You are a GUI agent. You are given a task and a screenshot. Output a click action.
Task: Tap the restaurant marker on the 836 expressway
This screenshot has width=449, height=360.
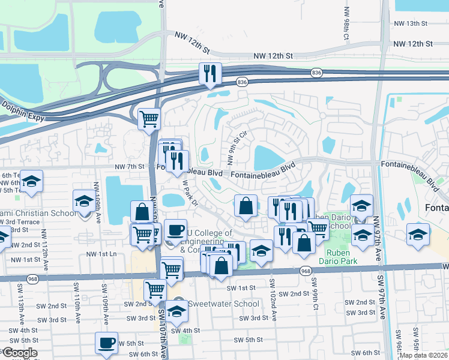coord(210,73)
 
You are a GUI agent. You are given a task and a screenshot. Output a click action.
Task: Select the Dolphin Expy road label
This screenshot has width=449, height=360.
coord(22,107)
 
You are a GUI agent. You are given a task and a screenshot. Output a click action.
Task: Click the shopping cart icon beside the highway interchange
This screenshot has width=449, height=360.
coord(149,118)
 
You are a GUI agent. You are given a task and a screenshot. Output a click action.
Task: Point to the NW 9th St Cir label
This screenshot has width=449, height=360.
coord(236,148)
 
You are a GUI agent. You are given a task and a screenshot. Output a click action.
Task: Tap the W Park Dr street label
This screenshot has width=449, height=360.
coord(190,193)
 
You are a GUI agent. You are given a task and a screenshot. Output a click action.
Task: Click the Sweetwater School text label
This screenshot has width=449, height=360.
coord(224,304)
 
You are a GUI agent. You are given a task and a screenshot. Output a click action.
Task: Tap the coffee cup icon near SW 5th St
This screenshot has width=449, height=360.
coord(107,343)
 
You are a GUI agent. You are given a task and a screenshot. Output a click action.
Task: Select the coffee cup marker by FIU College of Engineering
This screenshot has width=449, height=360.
coord(175,230)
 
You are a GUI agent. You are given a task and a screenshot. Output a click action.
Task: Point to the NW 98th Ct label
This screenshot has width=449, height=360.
coord(346,24)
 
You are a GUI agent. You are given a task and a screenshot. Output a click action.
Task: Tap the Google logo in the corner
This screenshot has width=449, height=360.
coord(19,353)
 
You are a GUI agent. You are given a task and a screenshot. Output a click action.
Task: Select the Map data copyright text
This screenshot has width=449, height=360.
coord(423,355)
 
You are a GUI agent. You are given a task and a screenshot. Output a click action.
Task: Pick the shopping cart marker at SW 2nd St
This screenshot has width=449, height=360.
coord(155,290)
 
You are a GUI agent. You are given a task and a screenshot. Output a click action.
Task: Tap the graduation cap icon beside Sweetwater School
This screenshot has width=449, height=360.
coord(176,311)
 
